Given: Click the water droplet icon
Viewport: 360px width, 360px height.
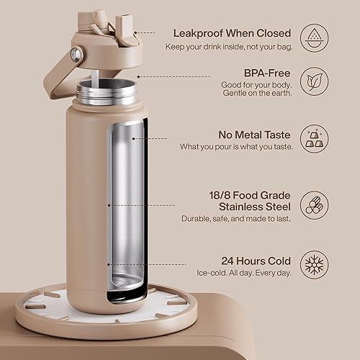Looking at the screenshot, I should coord(314,35).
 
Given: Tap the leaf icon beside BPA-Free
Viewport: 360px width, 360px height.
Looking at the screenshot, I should coord(314,78).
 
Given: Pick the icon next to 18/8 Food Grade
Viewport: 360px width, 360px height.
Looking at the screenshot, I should coord(314,204).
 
